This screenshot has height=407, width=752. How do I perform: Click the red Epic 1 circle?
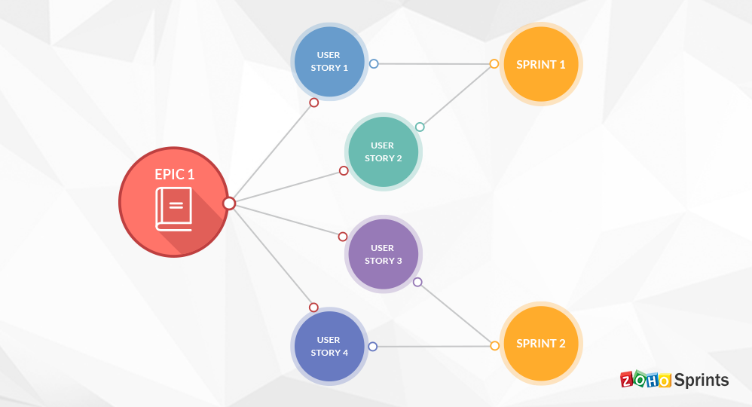[x=174, y=201]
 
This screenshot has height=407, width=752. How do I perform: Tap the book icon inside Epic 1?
[x=174, y=209]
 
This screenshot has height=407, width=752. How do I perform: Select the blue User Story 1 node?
[x=329, y=62]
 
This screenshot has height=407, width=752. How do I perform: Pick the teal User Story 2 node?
[x=383, y=151]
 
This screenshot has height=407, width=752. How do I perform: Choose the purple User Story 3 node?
[x=383, y=254]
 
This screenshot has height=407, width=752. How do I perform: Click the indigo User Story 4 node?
[x=329, y=346]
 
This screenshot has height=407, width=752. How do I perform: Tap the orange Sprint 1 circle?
[x=541, y=64]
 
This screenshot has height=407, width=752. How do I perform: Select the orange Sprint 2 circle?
[x=541, y=344]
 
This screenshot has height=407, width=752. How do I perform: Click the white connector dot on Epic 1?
[x=229, y=203]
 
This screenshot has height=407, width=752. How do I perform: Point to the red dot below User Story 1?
[x=314, y=103]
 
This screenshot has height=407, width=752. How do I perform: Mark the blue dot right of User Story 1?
[x=373, y=64]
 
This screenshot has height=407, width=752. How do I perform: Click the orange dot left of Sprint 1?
[x=494, y=64]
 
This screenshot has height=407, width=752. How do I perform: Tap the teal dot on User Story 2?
[x=420, y=127]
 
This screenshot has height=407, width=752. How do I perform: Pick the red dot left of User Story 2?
[x=344, y=171]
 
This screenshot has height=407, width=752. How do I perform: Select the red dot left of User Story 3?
[x=343, y=237]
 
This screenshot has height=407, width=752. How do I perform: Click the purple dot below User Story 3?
[x=417, y=283]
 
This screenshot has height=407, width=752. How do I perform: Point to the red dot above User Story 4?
[x=313, y=308]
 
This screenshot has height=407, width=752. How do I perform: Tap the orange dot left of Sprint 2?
[x=494, y=346]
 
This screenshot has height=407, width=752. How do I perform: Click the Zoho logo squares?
[x=646, y=380]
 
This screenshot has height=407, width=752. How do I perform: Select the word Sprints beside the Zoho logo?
[x=702, y=380]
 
